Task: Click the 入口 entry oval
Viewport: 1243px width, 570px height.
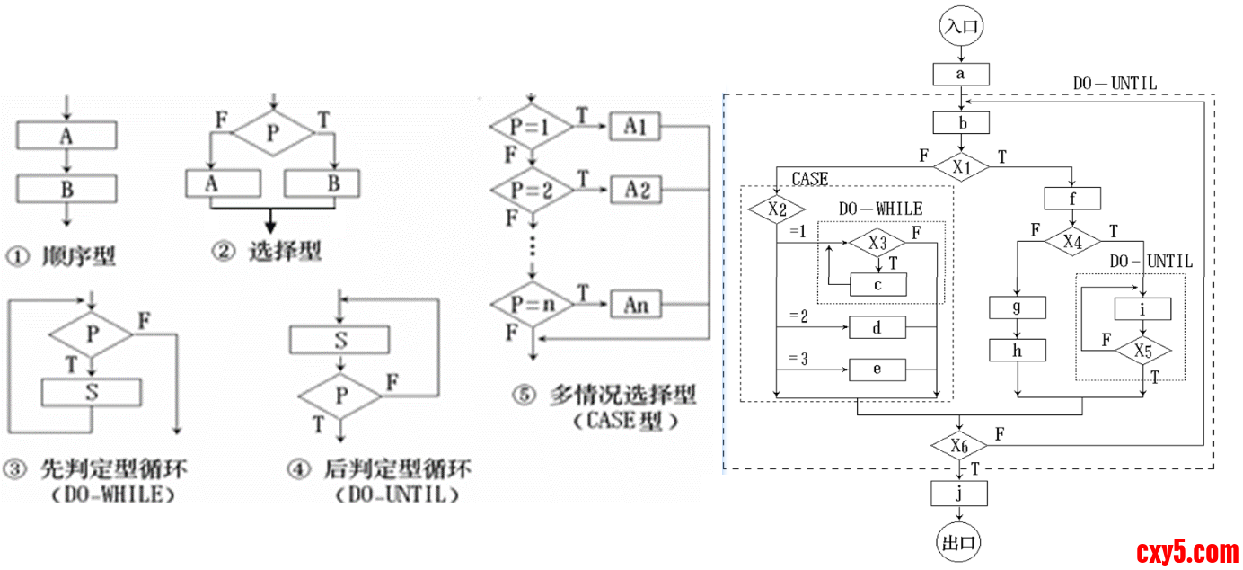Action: pyautogui.click(x=961, y=26)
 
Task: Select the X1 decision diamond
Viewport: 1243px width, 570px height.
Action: pyautogui.click(x=961, y=165)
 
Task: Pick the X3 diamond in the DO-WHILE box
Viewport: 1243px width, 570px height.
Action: pyautogui.click(x=877, y=243)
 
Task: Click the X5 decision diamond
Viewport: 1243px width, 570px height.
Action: pyautogui.click(x=1142, y=351)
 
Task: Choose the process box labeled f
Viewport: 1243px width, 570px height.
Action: pyautogui.click(x=1072, y=198)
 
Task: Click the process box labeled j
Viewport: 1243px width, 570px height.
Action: pyautogui.click(x=960, y=493)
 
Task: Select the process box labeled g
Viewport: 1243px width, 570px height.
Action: pyautogui.click(x=1018, y=307)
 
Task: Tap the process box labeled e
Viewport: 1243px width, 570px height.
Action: pyautogui.click(x=877, y=370)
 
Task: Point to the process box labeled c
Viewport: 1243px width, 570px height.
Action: pyautogui.click(x=877, y=285)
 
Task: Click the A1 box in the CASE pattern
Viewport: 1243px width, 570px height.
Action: pyautogui.click(x=635, y=128)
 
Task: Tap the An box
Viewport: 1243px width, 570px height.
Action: pyautogui.click(x=635, y=305)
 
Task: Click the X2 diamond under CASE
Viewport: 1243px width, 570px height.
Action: pyautogui.click(x=778, y=209)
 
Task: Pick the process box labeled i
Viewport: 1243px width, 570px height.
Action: pyautogui.click(x=1142, y=308)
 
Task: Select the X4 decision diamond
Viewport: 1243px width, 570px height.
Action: pyautogui.click(x=1072, y=242)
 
